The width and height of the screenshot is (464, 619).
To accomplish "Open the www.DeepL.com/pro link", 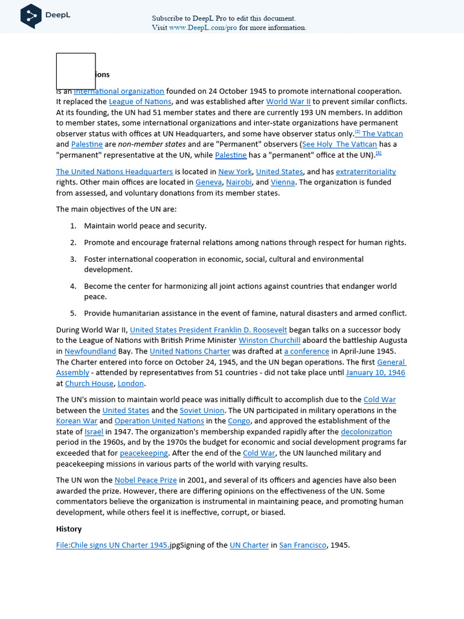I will click(x=203, y=28).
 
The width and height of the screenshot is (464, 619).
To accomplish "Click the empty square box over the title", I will click(x=76, y=71).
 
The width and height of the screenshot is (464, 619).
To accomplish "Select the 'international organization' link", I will click(x=119, y=91).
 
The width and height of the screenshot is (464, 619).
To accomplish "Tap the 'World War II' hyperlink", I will click(x=288, y=102).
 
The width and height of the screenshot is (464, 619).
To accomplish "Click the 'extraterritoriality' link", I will click(x=366, y=172).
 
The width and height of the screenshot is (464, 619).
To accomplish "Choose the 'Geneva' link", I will click(x=208, y=182).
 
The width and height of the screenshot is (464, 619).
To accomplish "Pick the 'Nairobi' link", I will click(x=239, y=182).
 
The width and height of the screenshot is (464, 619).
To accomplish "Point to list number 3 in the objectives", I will click(x=73, y=259).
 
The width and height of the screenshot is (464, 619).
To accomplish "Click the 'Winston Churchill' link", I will click(x=269, y=340).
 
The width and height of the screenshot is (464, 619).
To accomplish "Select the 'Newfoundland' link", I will click(x=90, y=351).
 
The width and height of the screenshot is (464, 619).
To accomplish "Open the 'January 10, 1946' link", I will click(x=375, y=372).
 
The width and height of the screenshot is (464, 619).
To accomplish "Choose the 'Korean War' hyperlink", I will click(x=76, y=421).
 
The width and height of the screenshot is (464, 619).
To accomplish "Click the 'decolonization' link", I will click(x=366, y=432).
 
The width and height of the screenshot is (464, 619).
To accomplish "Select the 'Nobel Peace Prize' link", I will click(x=146, y=480).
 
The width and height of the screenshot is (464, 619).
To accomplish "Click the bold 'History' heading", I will click(x=69, y=529).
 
